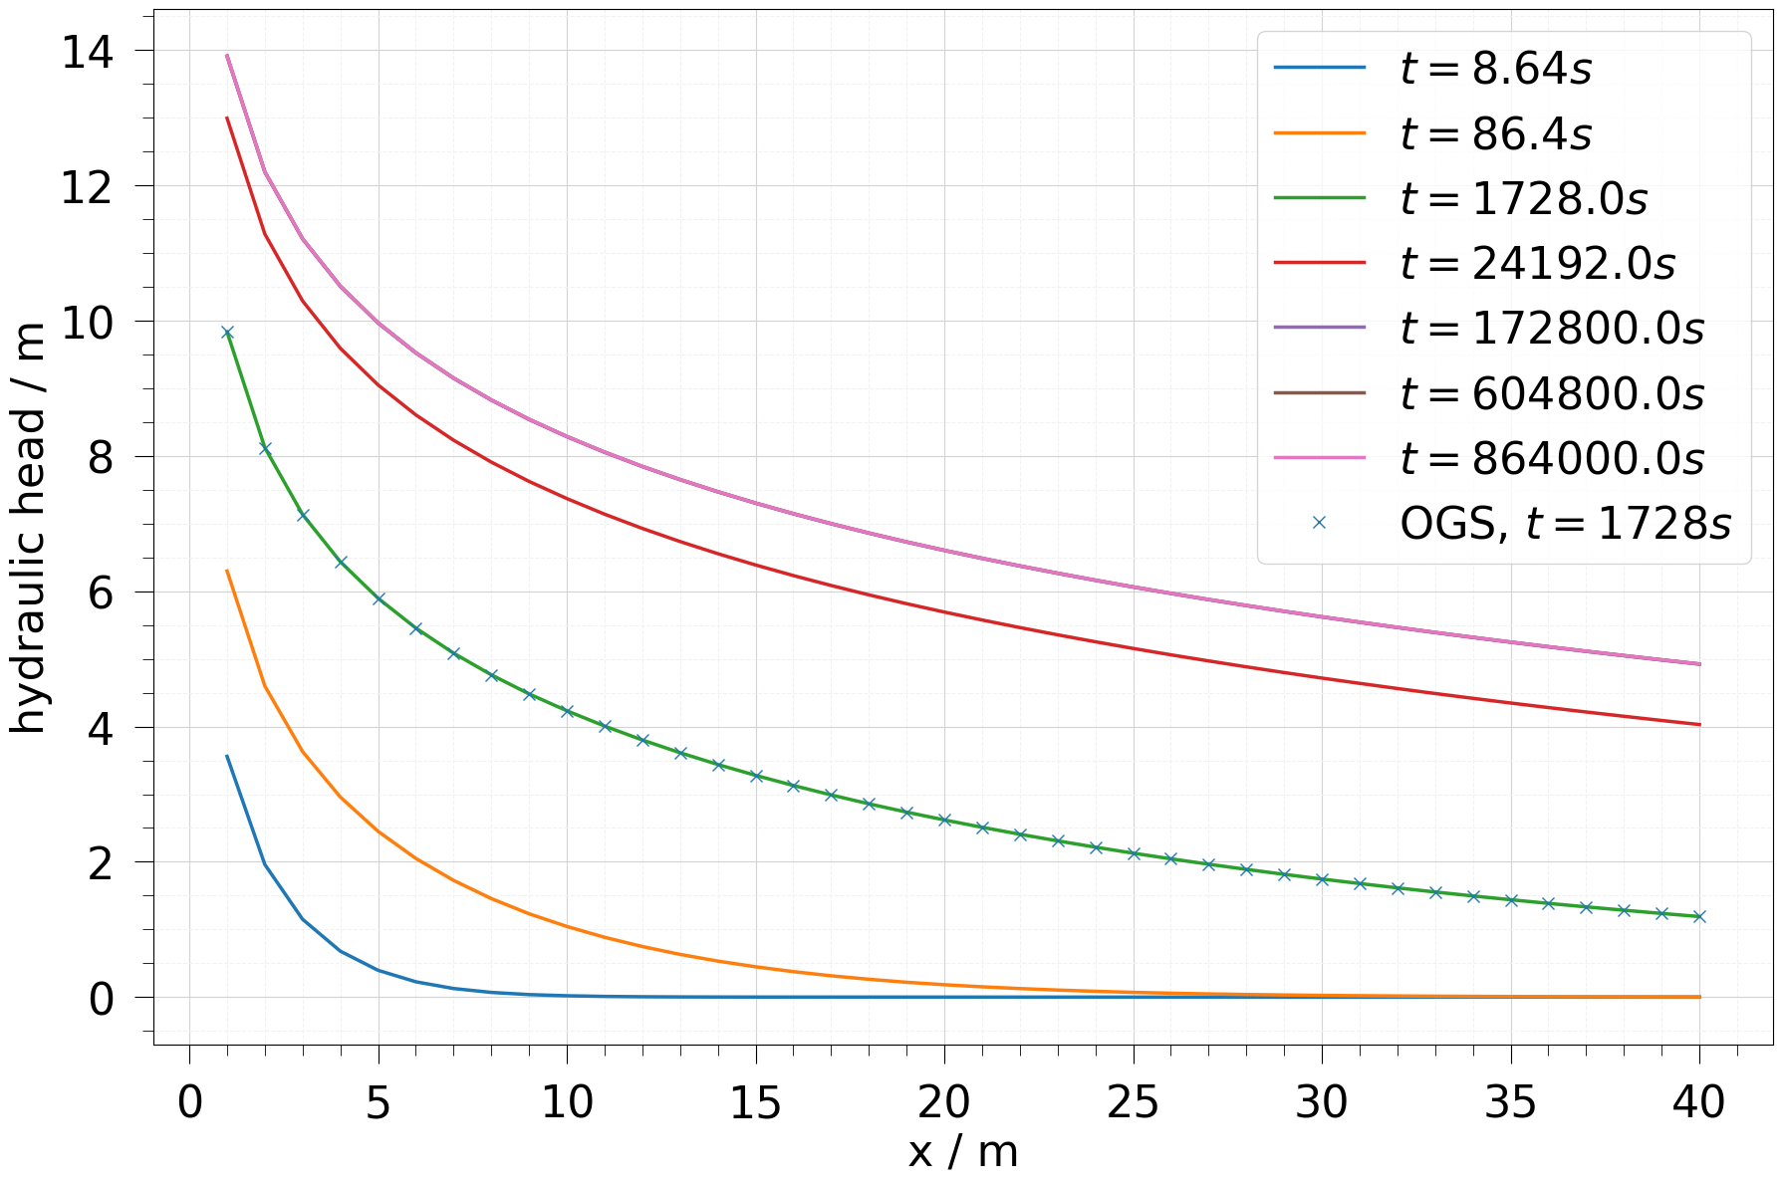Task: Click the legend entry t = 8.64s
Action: [1495, 69]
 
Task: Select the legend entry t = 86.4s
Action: [1495, 133]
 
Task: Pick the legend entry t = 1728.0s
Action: [1523, 199]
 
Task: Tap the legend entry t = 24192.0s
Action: [1537, 264]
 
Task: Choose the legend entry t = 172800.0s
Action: [1551, 329]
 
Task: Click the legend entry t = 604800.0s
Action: [1551, 394]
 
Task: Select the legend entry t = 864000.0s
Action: [1551, 459]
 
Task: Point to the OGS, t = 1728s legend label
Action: [1565, 524]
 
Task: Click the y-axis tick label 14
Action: [87, 51]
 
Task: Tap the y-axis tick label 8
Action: [101, 457]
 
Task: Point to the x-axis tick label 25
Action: [1134, 1103]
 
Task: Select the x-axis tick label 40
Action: [1699, 1103]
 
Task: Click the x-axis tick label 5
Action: [378, 1103]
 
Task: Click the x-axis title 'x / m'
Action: [963, 1152]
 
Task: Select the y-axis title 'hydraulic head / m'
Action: [30, 528]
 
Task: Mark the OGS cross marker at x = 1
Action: [227, 333]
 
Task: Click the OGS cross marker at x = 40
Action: [1699, 916]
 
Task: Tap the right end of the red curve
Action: [1699, 724]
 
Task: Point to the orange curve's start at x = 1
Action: [227, 571]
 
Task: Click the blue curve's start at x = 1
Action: [227, 756]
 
